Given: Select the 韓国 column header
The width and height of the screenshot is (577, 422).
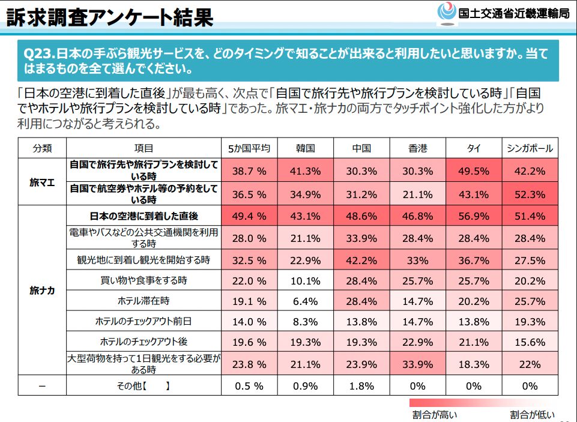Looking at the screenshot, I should (x=305, y=148).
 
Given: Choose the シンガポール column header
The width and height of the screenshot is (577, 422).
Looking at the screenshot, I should (x=530, y=148).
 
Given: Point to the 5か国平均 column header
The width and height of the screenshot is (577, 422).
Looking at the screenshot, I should (x=249, y=148).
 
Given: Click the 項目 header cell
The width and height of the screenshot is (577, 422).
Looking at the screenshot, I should (x=143, y=148).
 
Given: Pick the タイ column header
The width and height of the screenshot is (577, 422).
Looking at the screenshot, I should (x=473, y=148).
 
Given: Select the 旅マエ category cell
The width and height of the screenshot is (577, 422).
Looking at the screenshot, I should (x=42, y=182).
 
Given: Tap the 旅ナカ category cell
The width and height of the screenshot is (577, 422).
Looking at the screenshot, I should (x=42, y=291).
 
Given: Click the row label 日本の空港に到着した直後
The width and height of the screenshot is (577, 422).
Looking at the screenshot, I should (x=143, y=216).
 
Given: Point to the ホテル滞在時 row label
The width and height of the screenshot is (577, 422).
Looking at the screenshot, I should (x=143, y=301).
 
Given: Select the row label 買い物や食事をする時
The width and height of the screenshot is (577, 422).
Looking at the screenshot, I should (x=143, y=280).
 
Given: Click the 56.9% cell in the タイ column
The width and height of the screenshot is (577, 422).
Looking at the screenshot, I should (x=473, y=216).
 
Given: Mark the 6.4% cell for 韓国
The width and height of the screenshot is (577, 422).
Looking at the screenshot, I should (x=305, y=301).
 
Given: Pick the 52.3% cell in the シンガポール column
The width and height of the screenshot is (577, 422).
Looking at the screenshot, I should (x=530, y=194).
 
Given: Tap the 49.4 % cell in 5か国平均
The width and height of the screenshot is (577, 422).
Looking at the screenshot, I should (x=249, y=216).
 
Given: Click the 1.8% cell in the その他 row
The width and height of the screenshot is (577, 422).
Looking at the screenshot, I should (x=361, y=386).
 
